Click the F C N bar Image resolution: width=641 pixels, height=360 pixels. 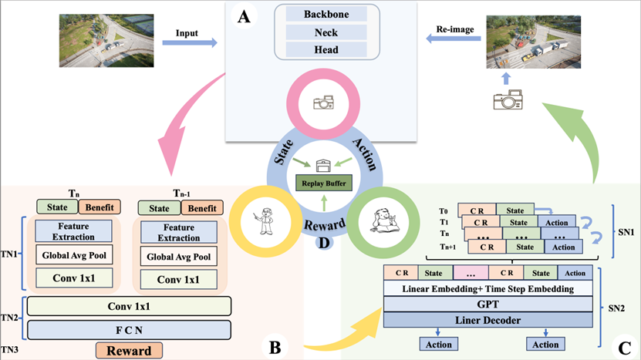tap(130, 329)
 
